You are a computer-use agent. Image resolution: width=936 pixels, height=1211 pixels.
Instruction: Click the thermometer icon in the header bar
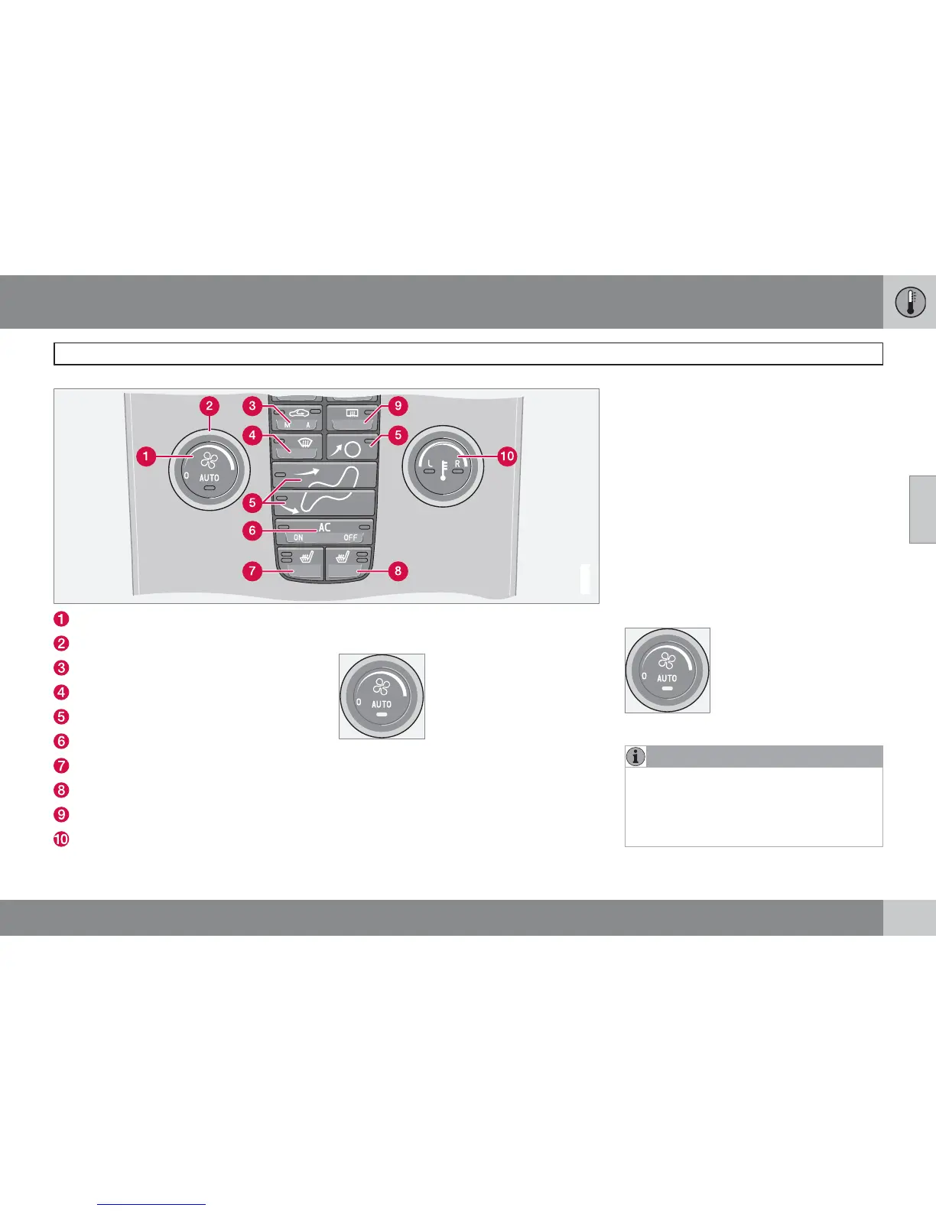(x=910, y=302)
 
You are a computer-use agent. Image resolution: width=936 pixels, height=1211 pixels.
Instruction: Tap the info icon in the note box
(x=635, y=757)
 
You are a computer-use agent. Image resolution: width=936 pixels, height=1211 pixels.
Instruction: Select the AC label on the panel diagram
(x=324, y=528)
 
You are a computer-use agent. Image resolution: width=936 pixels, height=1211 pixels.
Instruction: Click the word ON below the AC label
(x=298, y=538)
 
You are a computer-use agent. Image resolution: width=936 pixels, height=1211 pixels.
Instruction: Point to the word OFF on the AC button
(x=350, y=538)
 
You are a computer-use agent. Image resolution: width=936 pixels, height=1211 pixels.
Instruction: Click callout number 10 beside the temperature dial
(x=507, y=456)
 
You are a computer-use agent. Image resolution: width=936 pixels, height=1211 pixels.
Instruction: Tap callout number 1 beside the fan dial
(x=145, y=457)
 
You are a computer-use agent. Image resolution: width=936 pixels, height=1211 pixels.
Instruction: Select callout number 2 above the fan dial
(x=210, y=406)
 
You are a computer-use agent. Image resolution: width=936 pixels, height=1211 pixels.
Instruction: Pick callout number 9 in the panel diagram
(x=397, y=406)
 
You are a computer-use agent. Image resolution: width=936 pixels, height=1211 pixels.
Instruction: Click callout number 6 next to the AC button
(x=252, y=530)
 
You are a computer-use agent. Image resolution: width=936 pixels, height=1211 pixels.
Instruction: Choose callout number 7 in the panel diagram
(x=252, y=570)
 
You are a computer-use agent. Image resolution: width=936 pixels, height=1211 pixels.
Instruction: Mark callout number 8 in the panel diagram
(x=397, y=570)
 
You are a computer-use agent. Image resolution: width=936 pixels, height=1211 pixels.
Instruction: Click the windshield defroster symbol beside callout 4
(x=304, y=441)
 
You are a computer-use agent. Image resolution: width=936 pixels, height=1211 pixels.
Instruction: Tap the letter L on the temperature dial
(x=431, y=463)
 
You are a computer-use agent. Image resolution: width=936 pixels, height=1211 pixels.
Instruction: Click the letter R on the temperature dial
(x=457, y=463)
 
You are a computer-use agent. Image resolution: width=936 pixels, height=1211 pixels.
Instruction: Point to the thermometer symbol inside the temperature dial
(x=444, y=468)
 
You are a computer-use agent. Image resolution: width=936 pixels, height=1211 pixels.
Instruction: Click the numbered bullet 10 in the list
(x=61, y=839)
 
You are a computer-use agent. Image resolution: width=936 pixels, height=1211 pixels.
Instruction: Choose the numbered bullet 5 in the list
(x=61, y=716)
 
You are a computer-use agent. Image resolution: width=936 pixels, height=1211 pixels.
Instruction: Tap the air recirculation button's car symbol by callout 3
(x=296, y=414)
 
